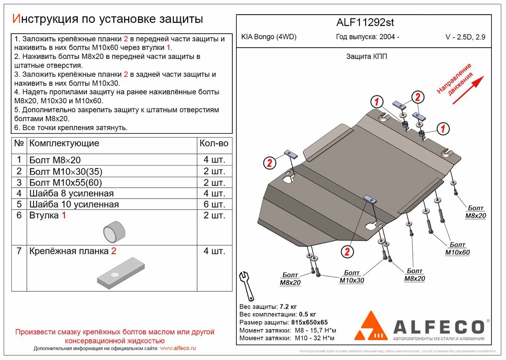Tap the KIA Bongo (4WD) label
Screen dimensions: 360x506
[269, 37]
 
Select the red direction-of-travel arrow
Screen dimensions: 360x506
[468, 90]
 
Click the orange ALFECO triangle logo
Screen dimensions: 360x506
[371, 326]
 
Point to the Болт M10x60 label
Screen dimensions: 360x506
[457, 249]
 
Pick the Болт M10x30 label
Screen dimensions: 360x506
[351, 277]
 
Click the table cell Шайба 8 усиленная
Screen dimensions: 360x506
[71, 193]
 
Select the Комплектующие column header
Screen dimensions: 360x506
[64, 143]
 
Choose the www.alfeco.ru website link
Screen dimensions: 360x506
[178, 349]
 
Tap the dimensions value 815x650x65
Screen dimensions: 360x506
[310, 322]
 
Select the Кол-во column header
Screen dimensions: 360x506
[214, 143]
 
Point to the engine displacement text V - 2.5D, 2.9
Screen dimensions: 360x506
[465, 38]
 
